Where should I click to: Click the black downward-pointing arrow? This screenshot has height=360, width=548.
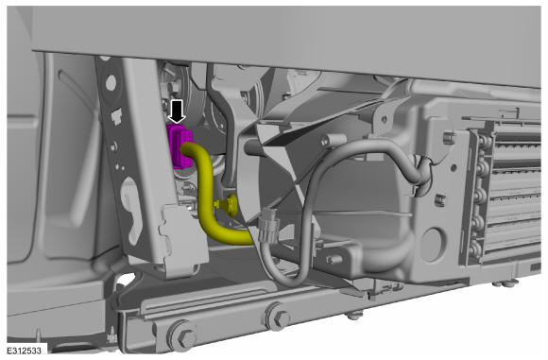tap(178, 111)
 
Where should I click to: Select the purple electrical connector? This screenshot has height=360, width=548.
tap(180, 146)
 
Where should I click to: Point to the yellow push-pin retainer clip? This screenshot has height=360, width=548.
tap(227, 204)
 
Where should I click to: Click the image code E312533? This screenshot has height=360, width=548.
tap(24, 351)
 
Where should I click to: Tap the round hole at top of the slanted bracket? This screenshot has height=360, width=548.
tap(111, 83)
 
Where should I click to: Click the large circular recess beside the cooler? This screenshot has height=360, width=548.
tap(434, 245)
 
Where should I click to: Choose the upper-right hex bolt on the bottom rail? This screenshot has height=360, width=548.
tap(279, 317)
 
